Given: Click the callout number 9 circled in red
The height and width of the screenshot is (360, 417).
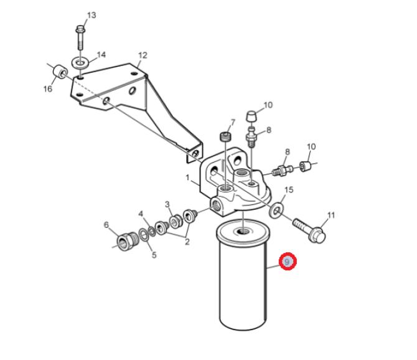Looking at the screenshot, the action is [x=287, y=262].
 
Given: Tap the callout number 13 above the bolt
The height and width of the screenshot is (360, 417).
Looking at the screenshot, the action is [x=91, y=15].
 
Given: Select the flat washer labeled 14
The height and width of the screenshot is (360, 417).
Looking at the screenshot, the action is [x=80, y=63].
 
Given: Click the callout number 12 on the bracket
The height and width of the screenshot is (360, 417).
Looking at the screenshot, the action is [x=143, y=55].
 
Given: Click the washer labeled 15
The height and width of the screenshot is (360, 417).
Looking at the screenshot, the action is [x=276, y=209].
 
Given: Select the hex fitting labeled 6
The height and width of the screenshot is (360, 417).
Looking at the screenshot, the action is [x=126, y=240].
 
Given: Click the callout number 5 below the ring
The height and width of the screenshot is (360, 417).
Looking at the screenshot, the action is [x=154, y=255].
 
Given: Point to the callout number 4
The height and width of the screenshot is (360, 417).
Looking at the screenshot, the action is [x=141, y=214].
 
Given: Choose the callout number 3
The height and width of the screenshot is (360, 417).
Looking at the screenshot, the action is [x=167, y=204].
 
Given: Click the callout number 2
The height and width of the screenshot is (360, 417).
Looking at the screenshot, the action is [x=187, y=242].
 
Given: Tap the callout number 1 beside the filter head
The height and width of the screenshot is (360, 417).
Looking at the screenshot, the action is [x=188, y=178].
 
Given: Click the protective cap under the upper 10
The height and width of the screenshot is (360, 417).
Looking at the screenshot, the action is [x=251, y=116].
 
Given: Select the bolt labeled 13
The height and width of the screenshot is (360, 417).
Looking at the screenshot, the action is [x=80, y=37].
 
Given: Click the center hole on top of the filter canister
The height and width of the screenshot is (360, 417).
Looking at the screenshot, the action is [x=242, y=232].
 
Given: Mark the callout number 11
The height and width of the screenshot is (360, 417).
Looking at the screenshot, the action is [x=331, y=215].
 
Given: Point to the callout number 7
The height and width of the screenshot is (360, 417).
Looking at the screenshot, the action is [x=233, y=123].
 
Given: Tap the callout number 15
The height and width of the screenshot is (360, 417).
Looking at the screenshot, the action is [x=289, y=190].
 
